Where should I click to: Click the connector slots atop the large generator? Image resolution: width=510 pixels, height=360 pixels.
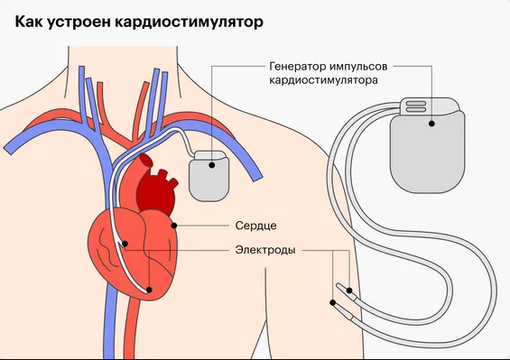pos(416,106)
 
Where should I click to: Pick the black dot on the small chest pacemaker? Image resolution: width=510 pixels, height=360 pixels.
pos(213,163)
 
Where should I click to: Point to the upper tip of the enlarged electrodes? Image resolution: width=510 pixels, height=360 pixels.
pos(343,289)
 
